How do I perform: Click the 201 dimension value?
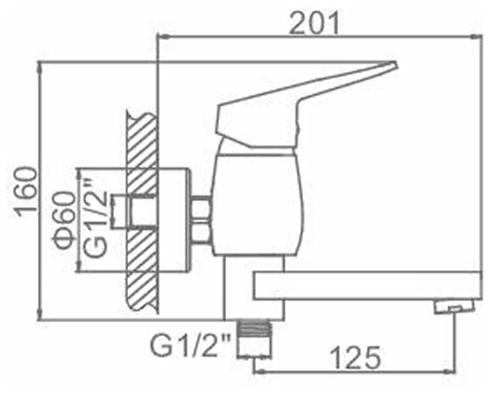pos(313,23)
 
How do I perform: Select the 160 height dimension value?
pos(27,192)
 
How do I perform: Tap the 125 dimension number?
pos(356,358)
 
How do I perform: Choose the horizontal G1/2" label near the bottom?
pos(190,345)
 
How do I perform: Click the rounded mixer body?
pos(258,204)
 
